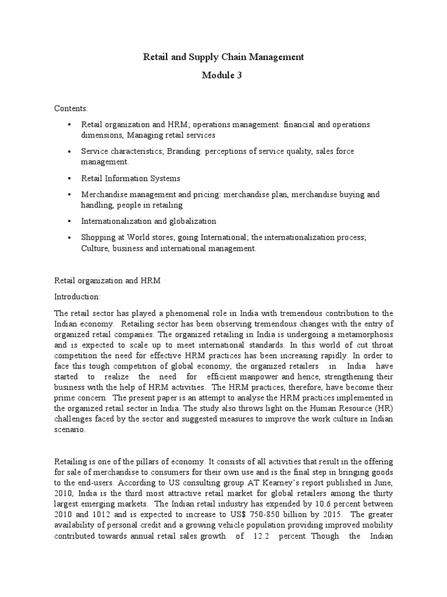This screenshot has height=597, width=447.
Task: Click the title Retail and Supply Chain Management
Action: click(x=223, y=57)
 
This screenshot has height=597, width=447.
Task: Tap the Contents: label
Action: click(x=71, y=109)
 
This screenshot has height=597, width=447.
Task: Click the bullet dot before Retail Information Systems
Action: click(x=69, y=178)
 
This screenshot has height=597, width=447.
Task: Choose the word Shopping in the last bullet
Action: click(x=98, y=238)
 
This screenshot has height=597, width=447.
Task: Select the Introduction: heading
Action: click(x=77, y=296)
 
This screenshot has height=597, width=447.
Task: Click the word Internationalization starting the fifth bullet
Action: click(x=116, y=222)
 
